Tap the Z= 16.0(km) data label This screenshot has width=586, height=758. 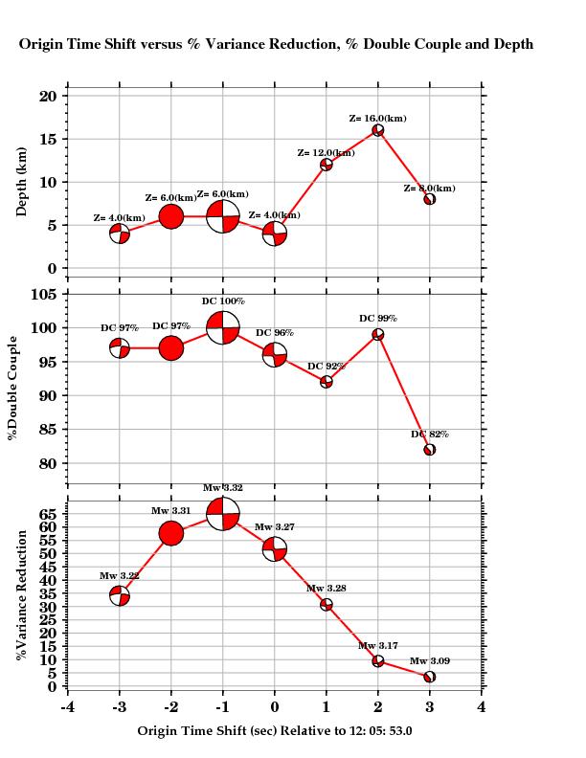click(x=377, y=119)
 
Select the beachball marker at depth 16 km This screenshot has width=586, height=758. click(x=378, y=130)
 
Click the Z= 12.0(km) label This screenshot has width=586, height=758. click(x=327, y=153)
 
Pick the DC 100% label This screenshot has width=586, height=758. click(x=223, y=301)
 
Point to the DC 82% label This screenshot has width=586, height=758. click(x=430, y=435)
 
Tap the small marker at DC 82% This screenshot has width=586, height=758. click(x=430, y=450)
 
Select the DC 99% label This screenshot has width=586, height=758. click(x=377, y=319)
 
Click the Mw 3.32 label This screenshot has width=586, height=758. click(x=223, y=488)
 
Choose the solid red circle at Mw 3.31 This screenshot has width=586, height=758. click(x=171, y=533)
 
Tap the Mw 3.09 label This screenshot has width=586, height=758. click(x=429, y=661)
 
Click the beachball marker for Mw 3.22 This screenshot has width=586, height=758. click(x=120, y=596)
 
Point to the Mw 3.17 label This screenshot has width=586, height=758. click(x=378, y=647)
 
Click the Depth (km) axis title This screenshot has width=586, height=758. click(x=22, y=182)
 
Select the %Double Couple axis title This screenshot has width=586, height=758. click(x=13, y=388)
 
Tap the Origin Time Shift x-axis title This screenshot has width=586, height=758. click(x=275, y=731)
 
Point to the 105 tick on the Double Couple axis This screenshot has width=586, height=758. click(x=46, y=294)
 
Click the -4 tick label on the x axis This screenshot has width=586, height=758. click(x=66, y=707)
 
